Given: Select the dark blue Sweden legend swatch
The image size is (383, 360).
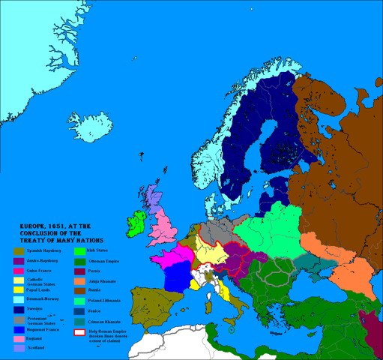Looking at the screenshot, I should point(16,308).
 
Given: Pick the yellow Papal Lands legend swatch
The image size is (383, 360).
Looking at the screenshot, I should point(16,288).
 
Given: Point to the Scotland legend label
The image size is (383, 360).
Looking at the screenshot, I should point(36,347).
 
